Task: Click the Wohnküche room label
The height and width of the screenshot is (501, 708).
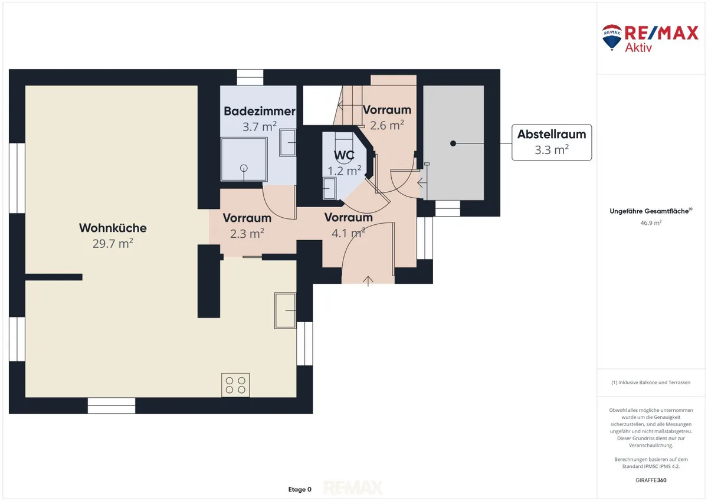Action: click(x=113, y=228)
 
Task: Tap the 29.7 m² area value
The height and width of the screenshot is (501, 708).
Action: click(x=113, y=243)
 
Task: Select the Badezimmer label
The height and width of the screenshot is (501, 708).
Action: click(x=260, y=112)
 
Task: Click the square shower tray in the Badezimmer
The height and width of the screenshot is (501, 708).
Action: click(x=244, y=159)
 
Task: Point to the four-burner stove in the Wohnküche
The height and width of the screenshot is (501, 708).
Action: click(x=235, y=385)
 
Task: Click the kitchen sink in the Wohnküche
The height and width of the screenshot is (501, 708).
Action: click(x=285, y=311)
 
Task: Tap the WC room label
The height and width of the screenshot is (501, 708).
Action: click(x=344, y=155)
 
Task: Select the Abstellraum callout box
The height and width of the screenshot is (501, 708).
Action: click(x=552, y=142)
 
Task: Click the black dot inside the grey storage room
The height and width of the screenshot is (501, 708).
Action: click(x=453, y=143)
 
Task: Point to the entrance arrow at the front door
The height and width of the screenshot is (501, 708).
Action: click(x=368, y=281)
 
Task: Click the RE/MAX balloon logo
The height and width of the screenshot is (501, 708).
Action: click(x=612, y=37)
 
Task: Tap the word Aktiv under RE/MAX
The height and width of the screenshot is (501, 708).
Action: click(x=638, y=48)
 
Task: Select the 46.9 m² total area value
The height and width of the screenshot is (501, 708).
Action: click(x=651, y=222)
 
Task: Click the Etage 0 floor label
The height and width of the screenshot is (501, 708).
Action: click(x=300, y=489)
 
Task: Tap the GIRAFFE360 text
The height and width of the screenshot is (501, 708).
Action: click(x=651, y=480)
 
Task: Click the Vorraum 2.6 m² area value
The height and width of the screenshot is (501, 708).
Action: click(x=387, y=125)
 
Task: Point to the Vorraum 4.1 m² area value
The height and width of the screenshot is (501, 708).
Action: click(x=348, y=233)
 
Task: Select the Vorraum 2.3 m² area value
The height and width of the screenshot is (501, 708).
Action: click(x=247, y=234)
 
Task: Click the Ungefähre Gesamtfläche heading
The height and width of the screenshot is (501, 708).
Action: click(x=651, y=211)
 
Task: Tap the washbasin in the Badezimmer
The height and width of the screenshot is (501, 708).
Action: click(x=288, y=143)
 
